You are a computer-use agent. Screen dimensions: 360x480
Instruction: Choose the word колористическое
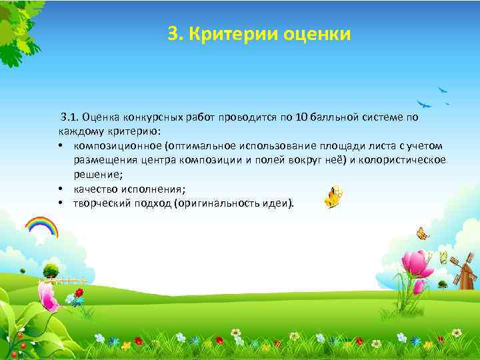[x=407, y=160]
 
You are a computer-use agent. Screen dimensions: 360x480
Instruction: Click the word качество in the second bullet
[x=99, y=189]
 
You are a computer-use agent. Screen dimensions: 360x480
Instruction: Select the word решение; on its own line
[x=97, y=175]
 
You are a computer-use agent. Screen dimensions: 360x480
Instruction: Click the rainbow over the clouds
[x=41, y=226]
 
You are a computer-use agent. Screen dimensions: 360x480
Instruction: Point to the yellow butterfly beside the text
[x=335, y=196]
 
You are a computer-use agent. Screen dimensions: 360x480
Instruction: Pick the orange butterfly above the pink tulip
[x=422, y=233]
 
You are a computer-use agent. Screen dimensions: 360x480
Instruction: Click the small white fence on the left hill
[x=69, y=280]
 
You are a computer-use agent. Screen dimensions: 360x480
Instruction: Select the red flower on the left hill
[x=79, y=293]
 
